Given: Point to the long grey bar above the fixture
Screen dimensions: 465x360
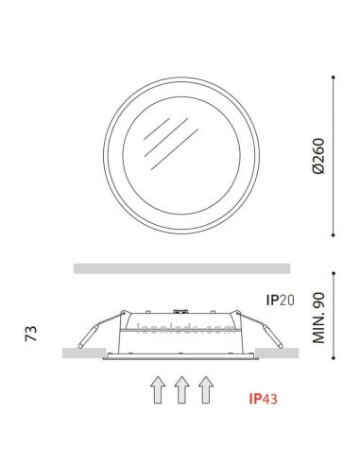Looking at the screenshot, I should tap(180, 267).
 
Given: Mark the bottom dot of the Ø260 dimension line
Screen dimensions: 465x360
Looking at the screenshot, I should tap(336, 234).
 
